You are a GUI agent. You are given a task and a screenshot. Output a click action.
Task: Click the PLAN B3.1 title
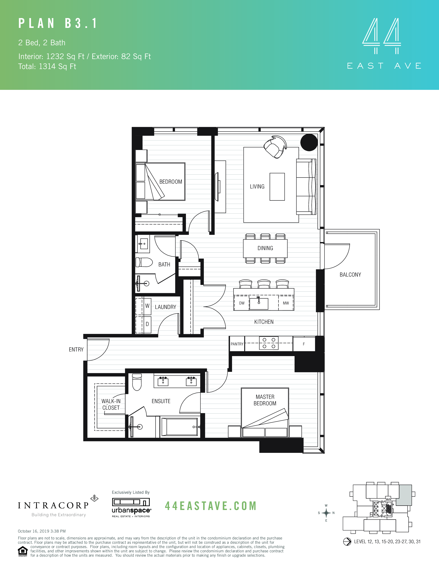tap(58, 23)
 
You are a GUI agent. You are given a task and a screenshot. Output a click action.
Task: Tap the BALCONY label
tap(350, 275)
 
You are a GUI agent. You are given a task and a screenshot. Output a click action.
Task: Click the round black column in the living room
tap(309, 142)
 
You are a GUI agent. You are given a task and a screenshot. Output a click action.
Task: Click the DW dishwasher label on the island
tap(242, 303)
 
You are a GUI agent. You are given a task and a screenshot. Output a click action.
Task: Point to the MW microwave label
tap(286, 303)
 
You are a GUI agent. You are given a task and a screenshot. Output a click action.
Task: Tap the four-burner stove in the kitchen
tap(269, 343)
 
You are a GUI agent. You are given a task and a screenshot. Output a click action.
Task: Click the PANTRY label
tap(237, 344)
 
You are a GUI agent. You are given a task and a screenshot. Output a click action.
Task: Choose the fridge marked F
tap(304, 344)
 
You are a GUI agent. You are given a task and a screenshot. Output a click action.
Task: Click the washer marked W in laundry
tap(147, 306)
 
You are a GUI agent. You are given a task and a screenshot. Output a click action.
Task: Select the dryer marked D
tap(147, 324)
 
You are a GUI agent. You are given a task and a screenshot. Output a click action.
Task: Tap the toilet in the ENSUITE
tap(137, 382)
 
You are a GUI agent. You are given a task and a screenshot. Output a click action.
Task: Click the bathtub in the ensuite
tap(179, 427)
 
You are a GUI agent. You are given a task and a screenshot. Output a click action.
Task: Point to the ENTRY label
tap(76, 350)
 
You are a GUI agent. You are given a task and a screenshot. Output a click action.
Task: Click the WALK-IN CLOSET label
tap(111, 404)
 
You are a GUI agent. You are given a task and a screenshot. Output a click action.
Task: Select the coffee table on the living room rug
tap(277, 187)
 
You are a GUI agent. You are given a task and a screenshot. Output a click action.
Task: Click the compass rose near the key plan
tap(326, 513)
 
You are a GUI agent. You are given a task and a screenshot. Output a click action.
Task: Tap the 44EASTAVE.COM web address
tap(211, 506)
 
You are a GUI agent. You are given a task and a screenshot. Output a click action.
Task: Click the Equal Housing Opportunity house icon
tap(23, 551)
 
